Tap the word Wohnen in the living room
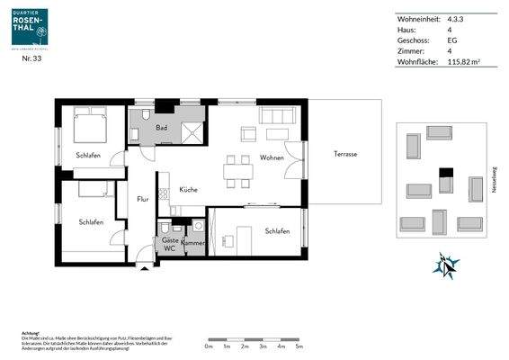coord(272,157)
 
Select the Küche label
coord(188,189)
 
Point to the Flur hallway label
coord(142,199)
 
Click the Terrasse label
coord(345,154)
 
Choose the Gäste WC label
coord(169,244)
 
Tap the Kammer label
coord(193,243)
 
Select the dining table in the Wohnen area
coord(238,172)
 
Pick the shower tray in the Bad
coord(192,132)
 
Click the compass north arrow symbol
coord(446,265)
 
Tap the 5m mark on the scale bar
coord(299,345)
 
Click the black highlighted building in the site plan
coord(445,173)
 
